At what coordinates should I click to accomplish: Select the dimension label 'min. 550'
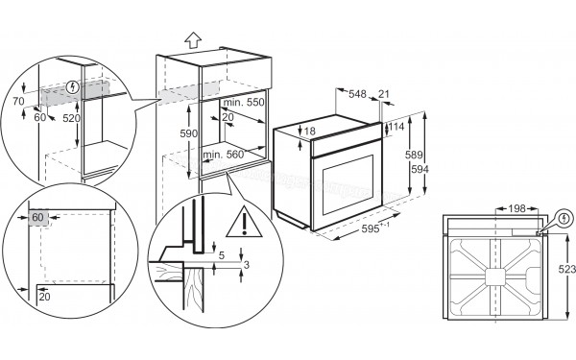pos(244,102)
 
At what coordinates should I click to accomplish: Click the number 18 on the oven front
pos(309,131)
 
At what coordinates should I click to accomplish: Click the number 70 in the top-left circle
pos(17,99)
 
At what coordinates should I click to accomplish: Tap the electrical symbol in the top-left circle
pos(74,88)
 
